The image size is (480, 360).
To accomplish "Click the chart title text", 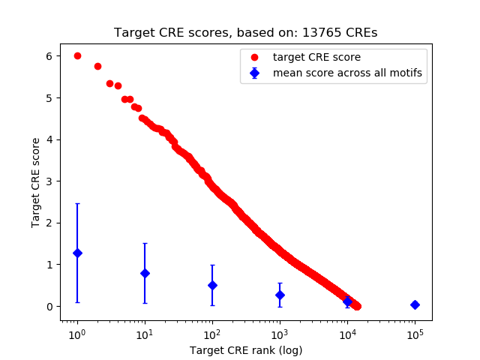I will coord(246,33).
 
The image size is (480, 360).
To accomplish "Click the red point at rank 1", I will coord(77,56).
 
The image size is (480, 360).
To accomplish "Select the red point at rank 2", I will coord(97,66).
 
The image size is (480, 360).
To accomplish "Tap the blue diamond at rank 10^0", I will coord(77,253).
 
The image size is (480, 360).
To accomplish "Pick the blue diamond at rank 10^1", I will coord(145,273).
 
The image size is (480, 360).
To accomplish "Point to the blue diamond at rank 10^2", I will coord(212,285).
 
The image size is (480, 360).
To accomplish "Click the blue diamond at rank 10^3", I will coord(280,295).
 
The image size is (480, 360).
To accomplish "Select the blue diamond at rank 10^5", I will coord(415,304).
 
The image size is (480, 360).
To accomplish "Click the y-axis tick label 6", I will coord(48,56).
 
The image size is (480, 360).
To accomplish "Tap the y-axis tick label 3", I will coord(48,181).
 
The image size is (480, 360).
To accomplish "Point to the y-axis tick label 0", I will coord(48,307).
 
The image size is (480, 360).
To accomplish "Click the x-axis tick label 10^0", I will coord(76,333).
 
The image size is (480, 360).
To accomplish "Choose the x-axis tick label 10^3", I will coord(279,333).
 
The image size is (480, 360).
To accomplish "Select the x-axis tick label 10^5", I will coord(414,333).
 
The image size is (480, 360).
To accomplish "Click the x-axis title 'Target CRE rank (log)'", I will coord(246,349).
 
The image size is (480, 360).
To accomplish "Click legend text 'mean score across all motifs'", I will coord(347,73).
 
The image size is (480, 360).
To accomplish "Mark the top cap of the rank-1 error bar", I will coord(77,203).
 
